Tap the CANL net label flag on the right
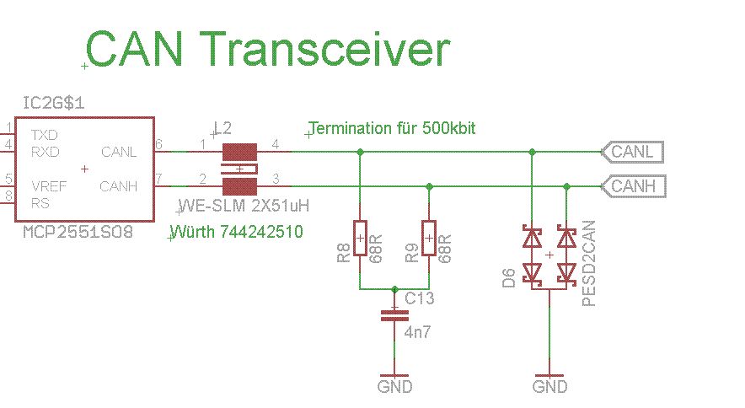point(632,152)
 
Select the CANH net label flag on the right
point(633,185)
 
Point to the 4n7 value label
point(417,334)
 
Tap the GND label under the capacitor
point(394,387)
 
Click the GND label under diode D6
point(549,387)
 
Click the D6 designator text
point(508,278)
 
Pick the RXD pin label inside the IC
point(45,152)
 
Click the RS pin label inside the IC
point(40,203)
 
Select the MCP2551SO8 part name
point(78,230)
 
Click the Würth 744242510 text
point(238,231)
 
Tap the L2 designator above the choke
point(223,127)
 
